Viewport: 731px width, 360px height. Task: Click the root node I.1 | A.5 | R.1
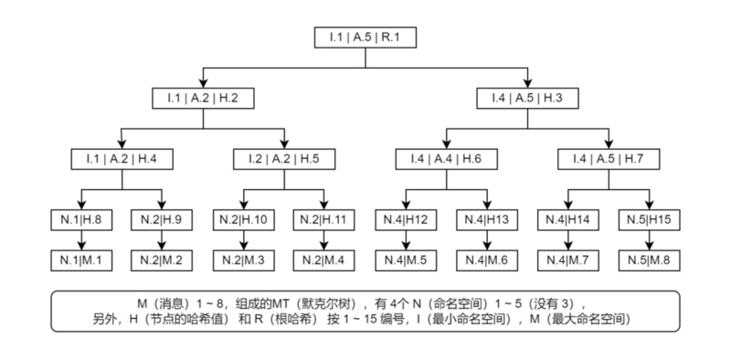[365, 37]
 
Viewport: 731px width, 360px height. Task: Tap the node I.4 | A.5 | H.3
[527, 98]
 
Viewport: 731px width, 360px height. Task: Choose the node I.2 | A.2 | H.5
[284, 158]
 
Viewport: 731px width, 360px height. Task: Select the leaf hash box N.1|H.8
[82, 219]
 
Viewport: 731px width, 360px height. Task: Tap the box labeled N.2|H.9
[163, 219]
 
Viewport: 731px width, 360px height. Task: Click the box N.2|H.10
[244, 219]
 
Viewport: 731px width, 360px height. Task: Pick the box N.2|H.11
[324, 219]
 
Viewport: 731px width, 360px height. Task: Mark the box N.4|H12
[406, 219]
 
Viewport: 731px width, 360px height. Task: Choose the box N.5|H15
[649, 219]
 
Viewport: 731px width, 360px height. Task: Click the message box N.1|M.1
[82, 259]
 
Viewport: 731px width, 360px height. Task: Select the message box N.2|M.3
[244, 259]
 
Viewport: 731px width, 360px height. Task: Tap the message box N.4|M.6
[487, 259]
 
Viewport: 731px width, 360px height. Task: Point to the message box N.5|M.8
[649, 259]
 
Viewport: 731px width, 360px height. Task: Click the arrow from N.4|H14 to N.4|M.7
[567, 238]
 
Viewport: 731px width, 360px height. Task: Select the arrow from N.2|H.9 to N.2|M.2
[163, 238]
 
